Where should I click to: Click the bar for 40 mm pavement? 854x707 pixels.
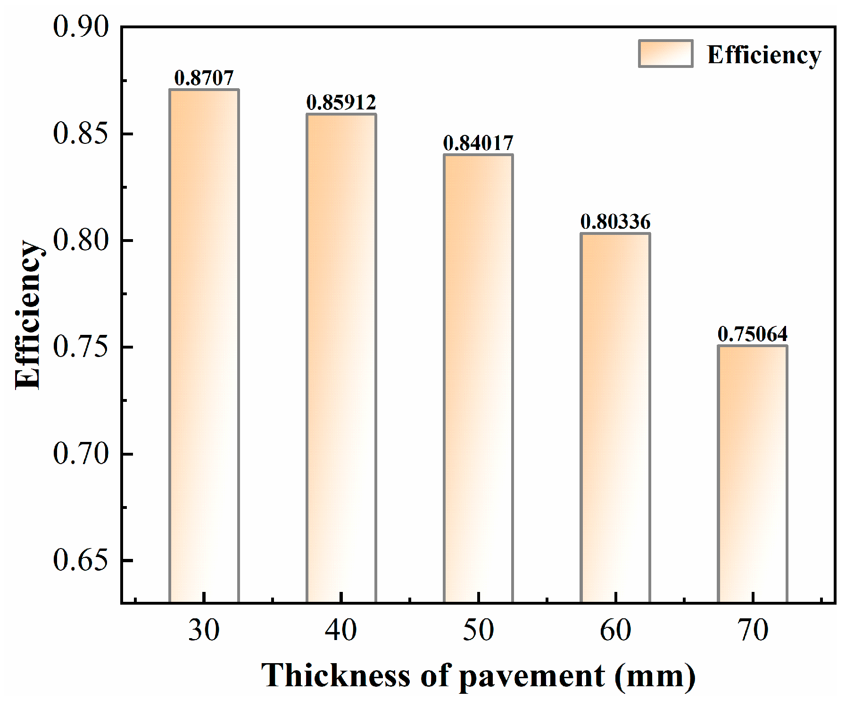point(341,358)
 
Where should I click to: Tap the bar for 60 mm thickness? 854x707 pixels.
point(615,417)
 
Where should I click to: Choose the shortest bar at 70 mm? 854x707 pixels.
point(753,474)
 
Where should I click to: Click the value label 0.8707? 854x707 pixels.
point(204,78)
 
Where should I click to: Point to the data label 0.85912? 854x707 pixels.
point(341,103)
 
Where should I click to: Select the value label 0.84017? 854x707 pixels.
point(478,143)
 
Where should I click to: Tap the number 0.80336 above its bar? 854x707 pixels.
point(615,222)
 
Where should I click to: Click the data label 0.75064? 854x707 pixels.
point(753,334)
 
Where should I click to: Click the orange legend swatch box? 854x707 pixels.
point(665,54)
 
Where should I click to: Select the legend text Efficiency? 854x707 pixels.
point(764,56)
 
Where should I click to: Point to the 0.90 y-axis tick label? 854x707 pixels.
point(81,26)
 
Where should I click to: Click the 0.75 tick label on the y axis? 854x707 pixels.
point(81,347)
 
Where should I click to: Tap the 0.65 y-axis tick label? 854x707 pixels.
point(81,560)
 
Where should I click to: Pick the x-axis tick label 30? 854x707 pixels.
point(204,630)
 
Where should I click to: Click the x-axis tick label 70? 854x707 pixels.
point(753,630)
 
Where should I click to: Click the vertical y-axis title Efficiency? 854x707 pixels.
point(28,315)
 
